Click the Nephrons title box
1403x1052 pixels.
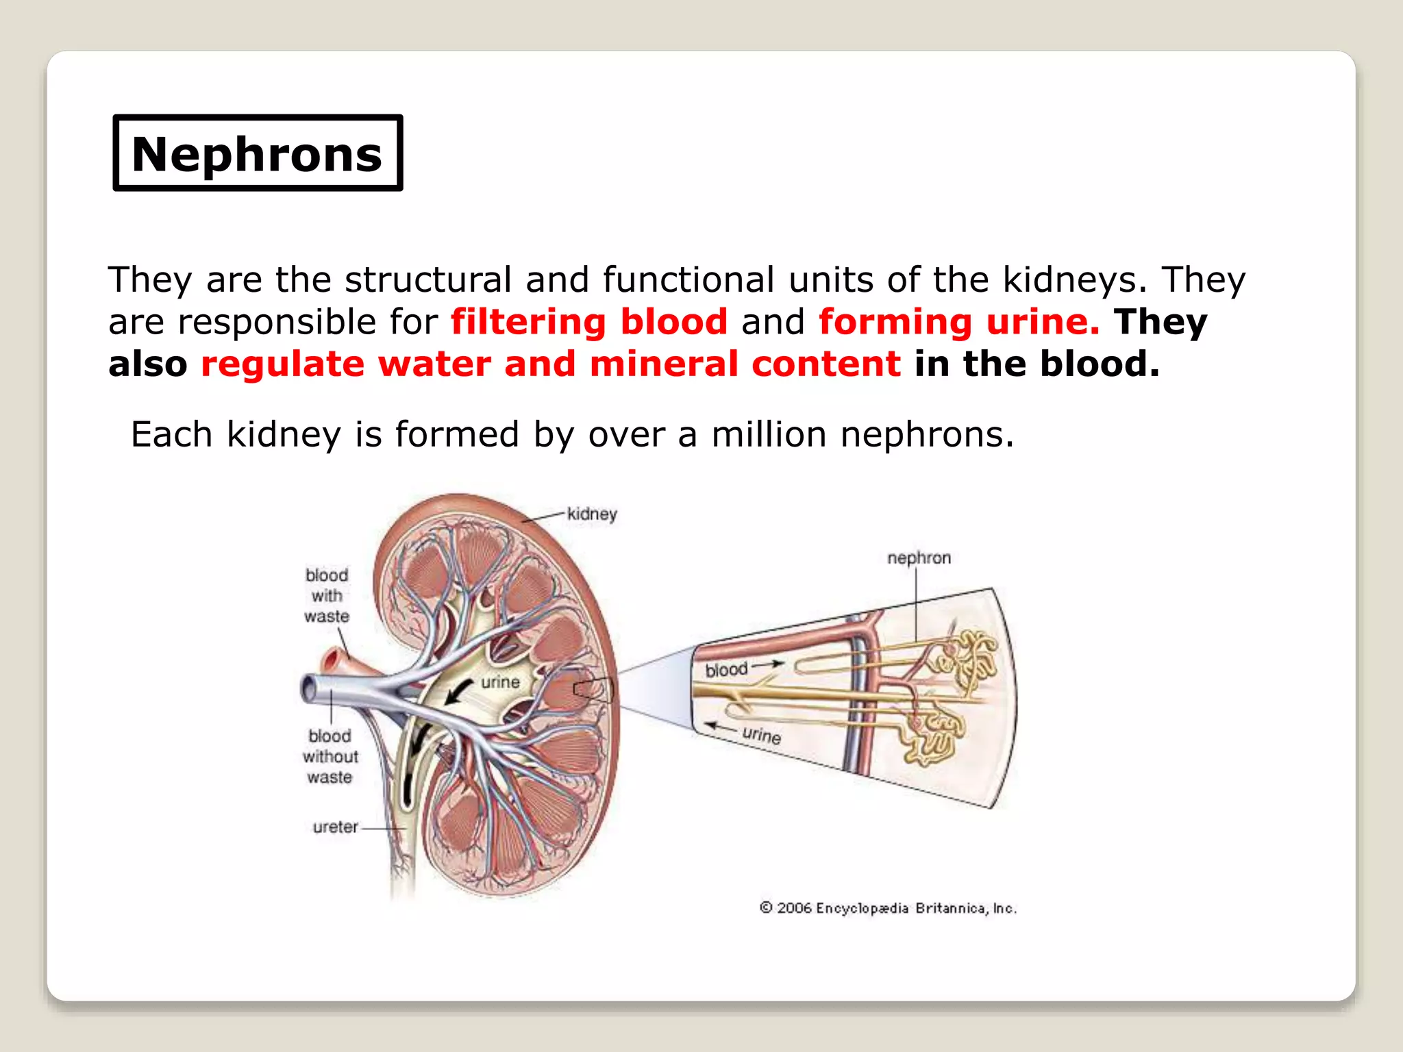(258, 153)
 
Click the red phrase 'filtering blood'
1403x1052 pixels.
(589, 321)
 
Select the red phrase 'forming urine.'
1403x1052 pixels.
(959, 321)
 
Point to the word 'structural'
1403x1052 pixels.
(428, 279)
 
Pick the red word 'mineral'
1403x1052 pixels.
(663, 364)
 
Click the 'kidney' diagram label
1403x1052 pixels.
(592, 514)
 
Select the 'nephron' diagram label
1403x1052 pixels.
(919, 558)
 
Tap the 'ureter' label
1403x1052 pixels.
(335, 827)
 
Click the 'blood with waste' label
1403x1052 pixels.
(327, 596)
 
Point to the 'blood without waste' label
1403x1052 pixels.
(330, 757)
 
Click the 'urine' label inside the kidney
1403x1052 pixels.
(500, 682)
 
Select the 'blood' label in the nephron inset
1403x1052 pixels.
(726, 669)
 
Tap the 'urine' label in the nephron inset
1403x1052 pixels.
(761, 735)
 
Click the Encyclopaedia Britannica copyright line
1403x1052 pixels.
(888, 908)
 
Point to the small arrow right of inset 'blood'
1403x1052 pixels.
(769, 664)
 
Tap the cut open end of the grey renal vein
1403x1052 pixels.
(308, 688)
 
